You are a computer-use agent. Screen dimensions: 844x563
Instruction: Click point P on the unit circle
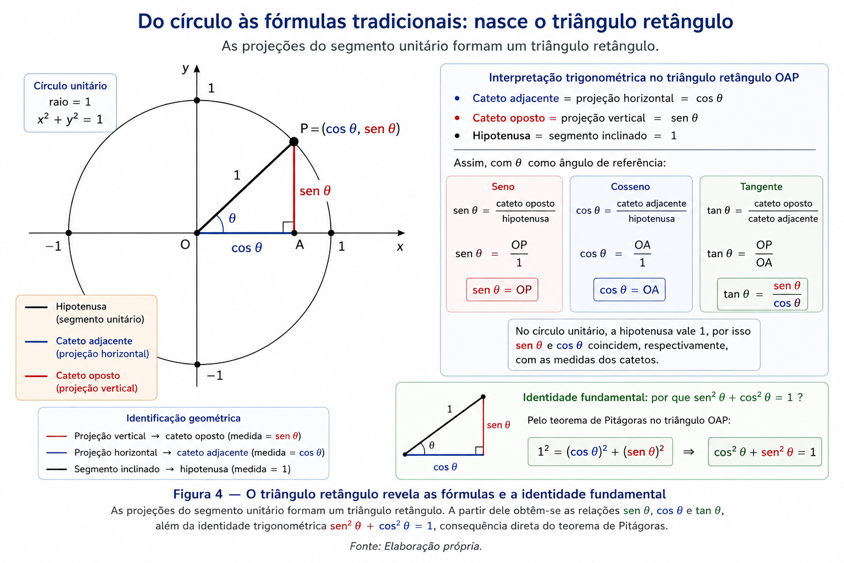pos(294,142)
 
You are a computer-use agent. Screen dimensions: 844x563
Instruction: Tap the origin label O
pos(185,245)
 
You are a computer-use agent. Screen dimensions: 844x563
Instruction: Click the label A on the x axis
pos(299,245)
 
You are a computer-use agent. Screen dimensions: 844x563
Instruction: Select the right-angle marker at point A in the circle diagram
pos(288,228)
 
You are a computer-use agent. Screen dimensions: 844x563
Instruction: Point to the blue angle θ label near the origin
pos(232,218)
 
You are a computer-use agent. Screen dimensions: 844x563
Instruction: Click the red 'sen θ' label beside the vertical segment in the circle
pos(315,191)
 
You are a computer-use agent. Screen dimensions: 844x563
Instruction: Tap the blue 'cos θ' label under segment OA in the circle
pos(246,248)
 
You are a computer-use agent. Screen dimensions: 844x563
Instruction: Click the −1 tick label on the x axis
pos(53,246)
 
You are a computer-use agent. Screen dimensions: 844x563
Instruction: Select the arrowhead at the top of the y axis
pos(197,68)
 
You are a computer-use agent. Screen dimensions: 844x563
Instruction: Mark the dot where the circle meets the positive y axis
pos(197,100)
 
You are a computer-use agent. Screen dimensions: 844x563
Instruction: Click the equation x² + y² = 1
pos(70,119)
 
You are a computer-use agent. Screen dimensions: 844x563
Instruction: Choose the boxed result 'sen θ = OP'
pos(502,290)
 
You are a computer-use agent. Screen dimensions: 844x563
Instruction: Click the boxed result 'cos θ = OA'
pos(629,290)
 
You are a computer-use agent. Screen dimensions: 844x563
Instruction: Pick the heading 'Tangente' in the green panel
pos(761,187)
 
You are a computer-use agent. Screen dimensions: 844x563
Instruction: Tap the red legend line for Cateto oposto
pos(36,376)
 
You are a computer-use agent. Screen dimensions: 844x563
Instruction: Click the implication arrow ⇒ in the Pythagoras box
pos(688,452)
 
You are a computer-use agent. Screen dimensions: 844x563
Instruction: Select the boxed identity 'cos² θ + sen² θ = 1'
pos(765,452)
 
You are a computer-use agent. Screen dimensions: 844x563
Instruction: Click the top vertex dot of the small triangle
pos(483,397)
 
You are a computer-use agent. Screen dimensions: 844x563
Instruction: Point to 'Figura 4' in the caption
pos(198,494)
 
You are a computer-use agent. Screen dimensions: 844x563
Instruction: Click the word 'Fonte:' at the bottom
pos(365,546)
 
